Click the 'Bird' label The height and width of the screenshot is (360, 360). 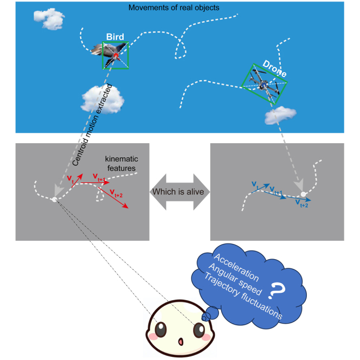click(115, 37)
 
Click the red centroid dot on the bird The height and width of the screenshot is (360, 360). click(115, 55)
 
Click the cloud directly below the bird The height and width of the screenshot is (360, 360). click(103, 98)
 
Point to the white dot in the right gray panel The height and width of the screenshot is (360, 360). click(304, 194)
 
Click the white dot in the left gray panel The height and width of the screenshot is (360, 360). click(54, 200)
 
